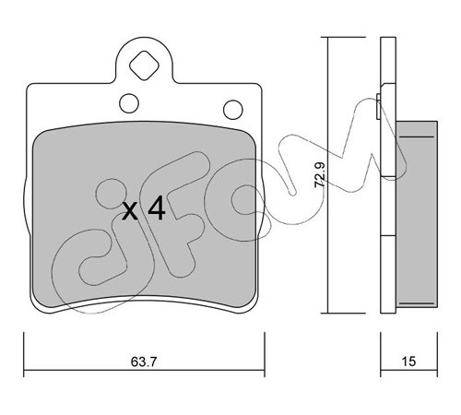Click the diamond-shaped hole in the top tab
point(144,65)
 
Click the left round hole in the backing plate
point(129,103)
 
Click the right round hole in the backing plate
point(233,110)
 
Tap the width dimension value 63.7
point(144,362)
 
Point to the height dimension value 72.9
point(320,175)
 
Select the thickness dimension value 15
point(408,362)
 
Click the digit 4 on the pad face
point(157,208)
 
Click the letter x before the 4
point(130,212)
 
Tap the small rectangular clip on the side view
point(378,106)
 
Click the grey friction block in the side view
point(417,214)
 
